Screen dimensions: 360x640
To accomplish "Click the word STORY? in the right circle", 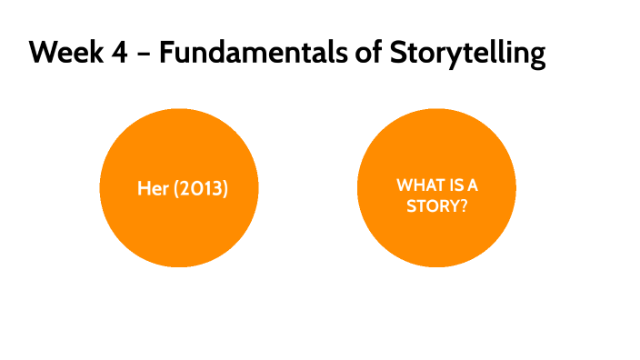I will [x=436, y=205].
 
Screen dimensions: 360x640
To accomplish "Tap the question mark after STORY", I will [x=464, y=205].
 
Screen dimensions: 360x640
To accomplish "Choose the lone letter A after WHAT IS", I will [x=473, y=185].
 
